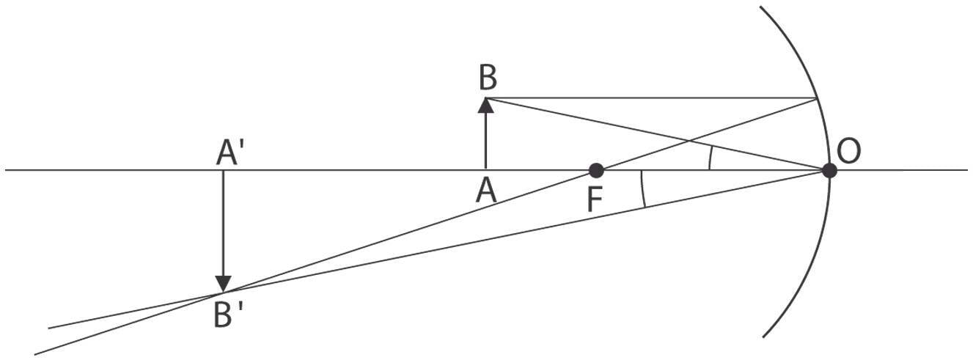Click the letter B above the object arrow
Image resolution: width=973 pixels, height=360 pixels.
[x=485, y=76]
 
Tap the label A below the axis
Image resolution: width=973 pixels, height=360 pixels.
[x=485, y=191]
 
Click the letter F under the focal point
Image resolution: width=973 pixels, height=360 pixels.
[x=595, y=198]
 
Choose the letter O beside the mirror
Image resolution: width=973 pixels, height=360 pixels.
[x=848, y=151]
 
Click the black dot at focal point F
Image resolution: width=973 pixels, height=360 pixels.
[x=596, y=171]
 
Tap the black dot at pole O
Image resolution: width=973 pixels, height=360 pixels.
[x=829, y=171]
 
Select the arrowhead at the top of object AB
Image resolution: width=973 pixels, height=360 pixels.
[x=485, y=105]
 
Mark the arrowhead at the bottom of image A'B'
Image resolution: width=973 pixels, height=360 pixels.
[x=224, y=284]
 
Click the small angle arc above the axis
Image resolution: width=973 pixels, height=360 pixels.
[x=710, y=158]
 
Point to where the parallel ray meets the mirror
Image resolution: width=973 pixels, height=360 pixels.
[x=817, y=98]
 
